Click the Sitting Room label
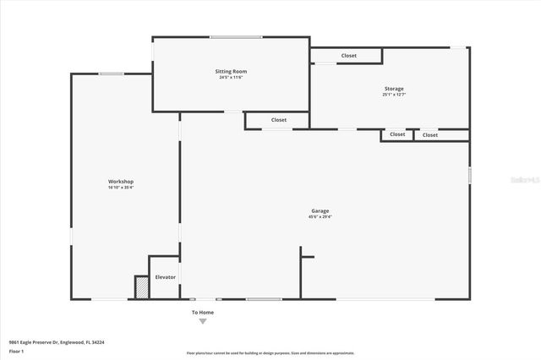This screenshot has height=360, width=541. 231,72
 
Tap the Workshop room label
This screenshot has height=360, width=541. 121,182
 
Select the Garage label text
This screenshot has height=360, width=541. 320,210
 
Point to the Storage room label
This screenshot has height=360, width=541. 393,89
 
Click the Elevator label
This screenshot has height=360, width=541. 165,277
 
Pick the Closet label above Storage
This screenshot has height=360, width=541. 348,56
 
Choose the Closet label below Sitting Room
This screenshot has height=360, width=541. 279,120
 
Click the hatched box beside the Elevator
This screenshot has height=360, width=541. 141,287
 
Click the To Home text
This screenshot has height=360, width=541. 202,313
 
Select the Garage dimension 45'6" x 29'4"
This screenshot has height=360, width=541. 320,217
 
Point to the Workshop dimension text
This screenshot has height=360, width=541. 121,188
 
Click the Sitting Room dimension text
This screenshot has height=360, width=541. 231,78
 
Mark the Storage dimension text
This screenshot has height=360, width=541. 393,95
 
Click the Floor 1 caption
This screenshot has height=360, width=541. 16,350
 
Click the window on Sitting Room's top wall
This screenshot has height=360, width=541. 236,36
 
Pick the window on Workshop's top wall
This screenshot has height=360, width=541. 112,74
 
